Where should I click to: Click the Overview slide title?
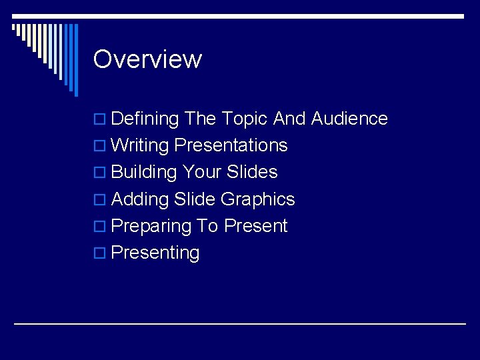pos(147,59)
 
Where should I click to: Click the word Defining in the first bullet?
pos(145,119)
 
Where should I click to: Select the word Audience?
pos(349,119)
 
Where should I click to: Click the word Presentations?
pos(231,145)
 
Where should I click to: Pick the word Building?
pos(143,172)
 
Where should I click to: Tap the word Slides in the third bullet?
pos(252,172)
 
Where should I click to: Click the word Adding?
pos(140,199)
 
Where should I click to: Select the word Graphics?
pos(257,199)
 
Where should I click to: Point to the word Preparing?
pos(151,226)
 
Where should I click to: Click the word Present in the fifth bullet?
pos(255,226)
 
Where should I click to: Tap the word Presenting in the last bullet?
pos(155,253)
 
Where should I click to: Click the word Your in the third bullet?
pos(202,172)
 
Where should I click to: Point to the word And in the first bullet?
pos(289,119)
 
